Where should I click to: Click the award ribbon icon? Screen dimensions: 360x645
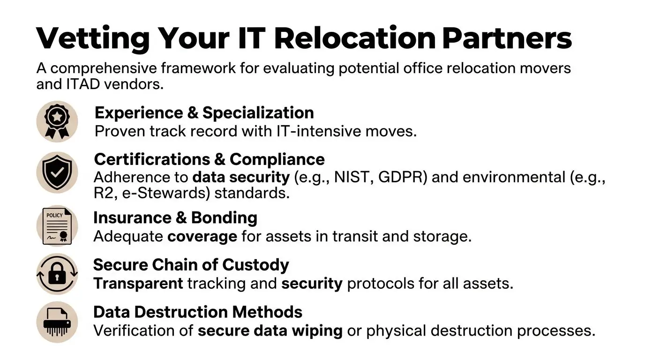coord(57,121)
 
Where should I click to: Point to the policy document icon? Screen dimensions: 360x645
coord(57,226)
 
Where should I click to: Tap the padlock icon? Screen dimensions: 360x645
coord(57,274)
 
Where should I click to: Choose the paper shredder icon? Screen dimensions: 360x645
coord(57,322)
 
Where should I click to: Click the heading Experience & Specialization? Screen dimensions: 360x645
coord(204,113)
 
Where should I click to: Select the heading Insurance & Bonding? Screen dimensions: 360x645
coord(175,218)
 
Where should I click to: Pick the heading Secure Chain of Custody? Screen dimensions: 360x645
coord(191,265)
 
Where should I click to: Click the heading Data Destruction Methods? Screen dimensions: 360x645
coord(197,312)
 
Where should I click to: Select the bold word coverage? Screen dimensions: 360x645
coord(202,236)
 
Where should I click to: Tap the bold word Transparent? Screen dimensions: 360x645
coord(138,284)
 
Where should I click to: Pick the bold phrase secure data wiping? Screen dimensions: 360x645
coord(270,331)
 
